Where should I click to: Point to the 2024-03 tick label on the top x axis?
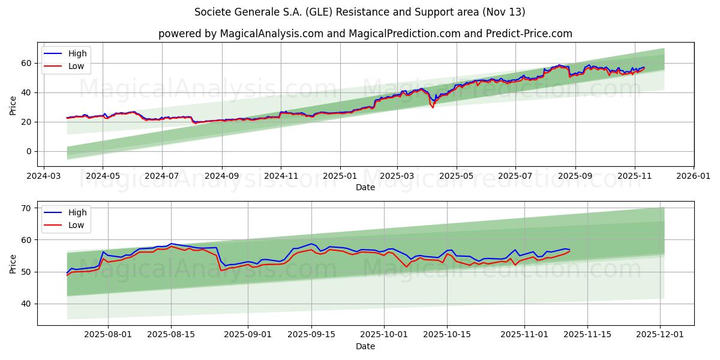click(x=43, y=176)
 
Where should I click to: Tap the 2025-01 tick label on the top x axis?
click(x=340, y=176)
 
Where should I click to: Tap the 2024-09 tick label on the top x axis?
click(x=222, y=176)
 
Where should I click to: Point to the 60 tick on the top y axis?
click(x=26, y=63)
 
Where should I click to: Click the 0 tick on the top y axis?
click(x=29, y=151)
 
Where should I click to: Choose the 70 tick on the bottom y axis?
click(x=26, y=208)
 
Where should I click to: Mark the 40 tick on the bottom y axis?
click(x=26, y=304)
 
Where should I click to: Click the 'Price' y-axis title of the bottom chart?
click(x=13, y=263)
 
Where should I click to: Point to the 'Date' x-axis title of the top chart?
click(x=365, y=187)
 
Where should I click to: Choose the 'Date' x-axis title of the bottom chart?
click(x=365, y=346)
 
